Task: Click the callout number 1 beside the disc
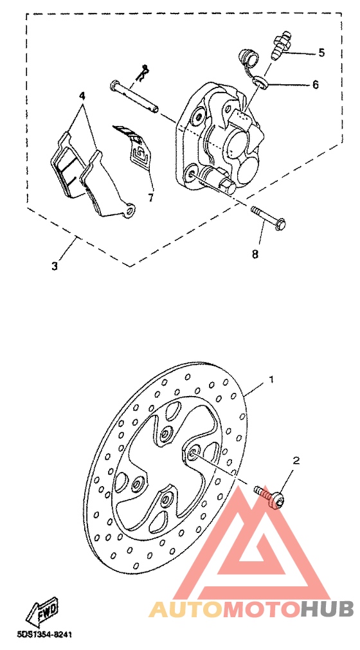(x=271, y=380)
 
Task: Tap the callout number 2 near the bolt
(x=296, y=460)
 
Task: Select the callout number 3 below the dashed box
(x=55, y=266)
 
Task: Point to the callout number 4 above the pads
(x=82, y=96)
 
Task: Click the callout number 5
(x=321, y=53)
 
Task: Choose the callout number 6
(x=315, y=84)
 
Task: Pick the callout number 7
(x=150, y=197)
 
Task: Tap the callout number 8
(x=255, y=254)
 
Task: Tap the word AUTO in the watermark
(x=186, y=608)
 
